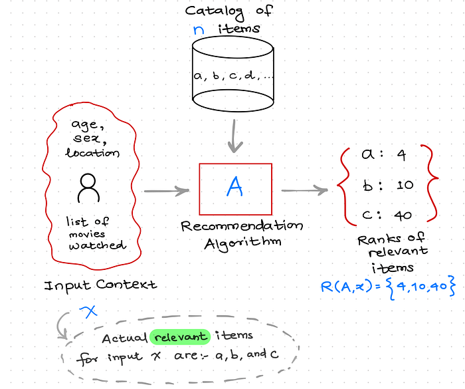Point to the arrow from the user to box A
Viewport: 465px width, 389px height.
click(x=166, y=192)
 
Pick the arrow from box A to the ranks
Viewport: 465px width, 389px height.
click(x=304, y=192)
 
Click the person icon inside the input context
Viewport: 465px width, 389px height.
click(x=88, y=188)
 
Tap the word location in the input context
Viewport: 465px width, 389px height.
click(x=92, y=153)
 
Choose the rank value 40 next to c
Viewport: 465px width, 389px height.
click(x=403, y=215)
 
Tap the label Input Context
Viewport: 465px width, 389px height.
click(x=100, y=285)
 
